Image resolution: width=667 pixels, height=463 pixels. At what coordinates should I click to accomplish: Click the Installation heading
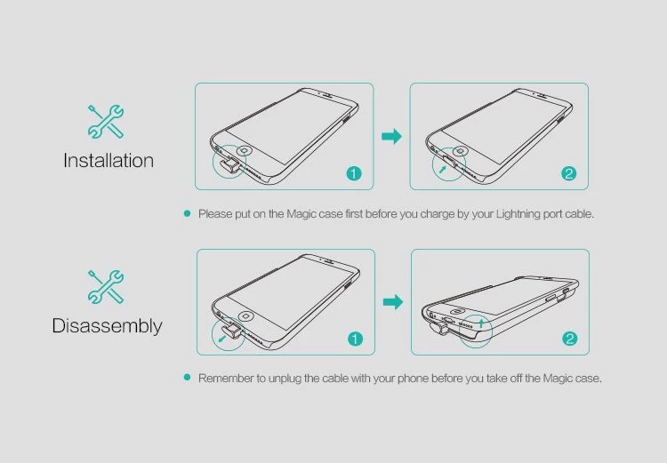(x=108, y=161)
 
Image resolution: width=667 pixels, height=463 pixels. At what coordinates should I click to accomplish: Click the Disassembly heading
(x=108, y=326)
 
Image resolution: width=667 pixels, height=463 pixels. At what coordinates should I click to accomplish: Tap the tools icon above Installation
(x=106, y=122)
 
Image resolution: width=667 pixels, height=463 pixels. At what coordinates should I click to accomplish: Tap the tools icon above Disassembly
(x=106, y=287)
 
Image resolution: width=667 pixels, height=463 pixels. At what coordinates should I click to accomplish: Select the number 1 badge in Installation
(x=354, y=173)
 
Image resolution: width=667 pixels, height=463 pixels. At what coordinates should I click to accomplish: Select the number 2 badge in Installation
(x=569, y=173)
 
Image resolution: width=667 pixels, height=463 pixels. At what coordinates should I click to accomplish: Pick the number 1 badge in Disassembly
(x=355, y=339)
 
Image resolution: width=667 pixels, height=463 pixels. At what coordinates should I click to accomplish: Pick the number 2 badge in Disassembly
(x=570, y=339)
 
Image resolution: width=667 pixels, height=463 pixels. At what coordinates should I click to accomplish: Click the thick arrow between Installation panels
(x=392, y=137)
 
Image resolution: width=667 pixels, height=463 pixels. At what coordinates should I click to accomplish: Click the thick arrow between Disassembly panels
(x=393, y=302)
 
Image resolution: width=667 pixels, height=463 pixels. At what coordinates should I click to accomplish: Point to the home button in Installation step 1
(x=245, y=150)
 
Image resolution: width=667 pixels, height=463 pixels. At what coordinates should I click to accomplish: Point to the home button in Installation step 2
(x=460, y=151)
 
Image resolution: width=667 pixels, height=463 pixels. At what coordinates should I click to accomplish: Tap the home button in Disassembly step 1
(x=245, y=315)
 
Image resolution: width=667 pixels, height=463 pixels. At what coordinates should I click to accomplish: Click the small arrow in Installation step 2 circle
(x=443, y=170)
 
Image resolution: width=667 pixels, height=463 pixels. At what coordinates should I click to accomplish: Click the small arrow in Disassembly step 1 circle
(x=221, y=339)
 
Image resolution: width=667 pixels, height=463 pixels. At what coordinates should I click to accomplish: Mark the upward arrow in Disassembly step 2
(x=481, y=323)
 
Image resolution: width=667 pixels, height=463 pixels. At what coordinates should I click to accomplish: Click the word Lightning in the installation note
(x=518, y=214)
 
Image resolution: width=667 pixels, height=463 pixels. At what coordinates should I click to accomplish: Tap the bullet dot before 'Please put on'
(x=187, y=213)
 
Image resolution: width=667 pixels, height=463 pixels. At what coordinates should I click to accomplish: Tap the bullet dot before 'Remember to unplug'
(x=187, y=378)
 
